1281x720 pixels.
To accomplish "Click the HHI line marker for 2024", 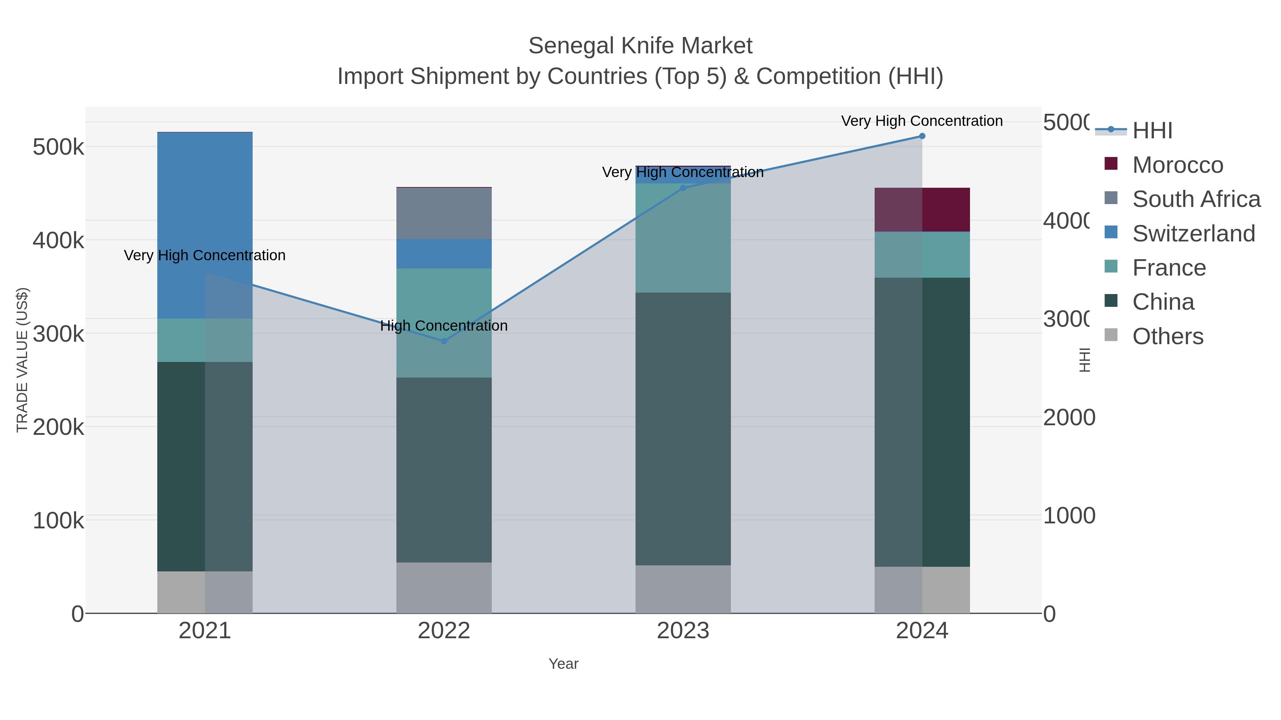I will tap(922, 136).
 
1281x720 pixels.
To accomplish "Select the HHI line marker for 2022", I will tap(444, 341).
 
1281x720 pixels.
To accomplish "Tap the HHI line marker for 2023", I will tap(683, 188).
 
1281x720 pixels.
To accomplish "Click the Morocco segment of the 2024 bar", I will tap(922, 210).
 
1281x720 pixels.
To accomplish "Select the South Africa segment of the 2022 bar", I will tap(444, 214).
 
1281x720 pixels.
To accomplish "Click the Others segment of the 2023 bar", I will tap(683, 589).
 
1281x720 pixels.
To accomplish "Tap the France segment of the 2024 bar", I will tap(922, 255).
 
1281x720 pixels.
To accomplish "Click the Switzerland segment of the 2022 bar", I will tap(444, 254).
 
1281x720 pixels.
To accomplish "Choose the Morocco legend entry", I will tap(1177, 165).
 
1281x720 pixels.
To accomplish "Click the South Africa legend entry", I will tap(1196, 199).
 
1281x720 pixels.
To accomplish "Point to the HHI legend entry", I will tap(1152, 131).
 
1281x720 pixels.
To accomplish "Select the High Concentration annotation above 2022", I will tap(444, 326).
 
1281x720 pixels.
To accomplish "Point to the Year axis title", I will tap(563, 664).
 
